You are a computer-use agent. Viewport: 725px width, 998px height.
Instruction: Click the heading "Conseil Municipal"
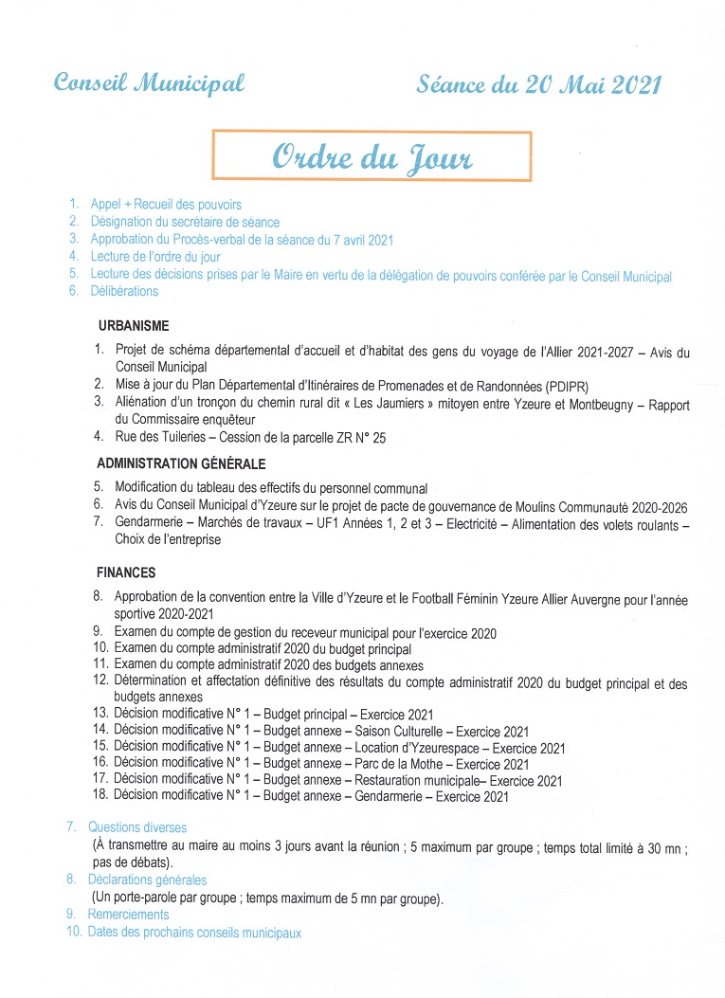(x=149, y=83)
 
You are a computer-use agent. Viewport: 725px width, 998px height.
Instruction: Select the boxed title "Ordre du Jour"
(x=372, y=157)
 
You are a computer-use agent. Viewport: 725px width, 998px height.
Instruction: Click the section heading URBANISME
(x=133, y=326)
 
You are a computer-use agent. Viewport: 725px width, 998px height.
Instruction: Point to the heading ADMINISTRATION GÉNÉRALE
(x=181, y=464)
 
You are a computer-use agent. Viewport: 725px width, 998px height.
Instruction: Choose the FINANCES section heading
(x=126, y=573)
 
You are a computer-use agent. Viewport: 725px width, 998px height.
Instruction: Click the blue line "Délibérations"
(x=124, y=292)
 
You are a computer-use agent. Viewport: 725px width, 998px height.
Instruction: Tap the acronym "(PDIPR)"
(x=560, y=386)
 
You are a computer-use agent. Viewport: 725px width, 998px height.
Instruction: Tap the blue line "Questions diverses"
(x=137, y=828)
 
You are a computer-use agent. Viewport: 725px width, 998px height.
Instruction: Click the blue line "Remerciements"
(x=128, y=916)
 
